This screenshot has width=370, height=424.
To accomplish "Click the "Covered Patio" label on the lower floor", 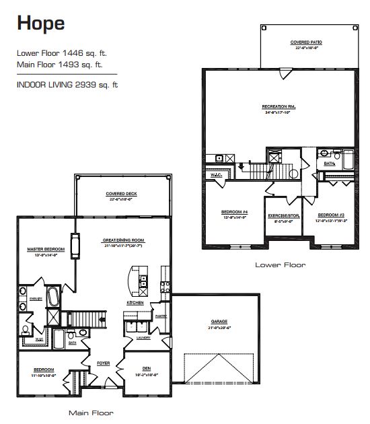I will pos(307,42).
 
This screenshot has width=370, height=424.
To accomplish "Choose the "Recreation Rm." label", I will pos(279,107).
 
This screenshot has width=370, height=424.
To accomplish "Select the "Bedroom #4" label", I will pos(235,212).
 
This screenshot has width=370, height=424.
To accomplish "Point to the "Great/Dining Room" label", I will pos(124,240).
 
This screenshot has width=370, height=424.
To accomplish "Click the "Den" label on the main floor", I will pos(146,367).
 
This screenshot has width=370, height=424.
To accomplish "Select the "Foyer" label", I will pos(103,363).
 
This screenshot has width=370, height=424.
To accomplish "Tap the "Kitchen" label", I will pos(135,304).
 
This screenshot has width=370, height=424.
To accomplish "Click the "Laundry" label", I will pos(143,337).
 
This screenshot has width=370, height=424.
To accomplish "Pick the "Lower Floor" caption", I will pos(280,265).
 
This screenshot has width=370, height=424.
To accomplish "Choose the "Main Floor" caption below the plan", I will pos(91,412).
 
